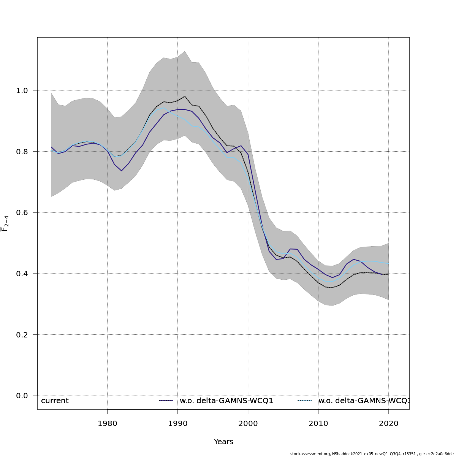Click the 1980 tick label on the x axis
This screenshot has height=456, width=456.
[x=107, y=423]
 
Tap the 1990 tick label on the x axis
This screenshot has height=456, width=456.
[x=177, y=423]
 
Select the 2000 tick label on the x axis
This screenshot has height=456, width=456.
[x=248, y=423]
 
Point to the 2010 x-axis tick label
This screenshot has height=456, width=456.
[x=318, y=423]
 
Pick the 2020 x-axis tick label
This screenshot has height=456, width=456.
[x=388, y=423]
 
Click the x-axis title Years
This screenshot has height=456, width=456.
[x=223, y=442]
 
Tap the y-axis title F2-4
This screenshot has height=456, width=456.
[x=5, y=223]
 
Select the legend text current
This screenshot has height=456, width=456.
[x=55, y=401]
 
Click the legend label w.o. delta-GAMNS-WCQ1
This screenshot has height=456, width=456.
[x=226, y=401]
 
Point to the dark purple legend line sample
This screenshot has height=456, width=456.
[x=166, y=401]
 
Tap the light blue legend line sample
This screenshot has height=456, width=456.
[x=305, y=401]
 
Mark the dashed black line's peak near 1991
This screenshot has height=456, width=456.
[x=185, y=96]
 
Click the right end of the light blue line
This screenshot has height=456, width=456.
[x=388, y=263]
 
